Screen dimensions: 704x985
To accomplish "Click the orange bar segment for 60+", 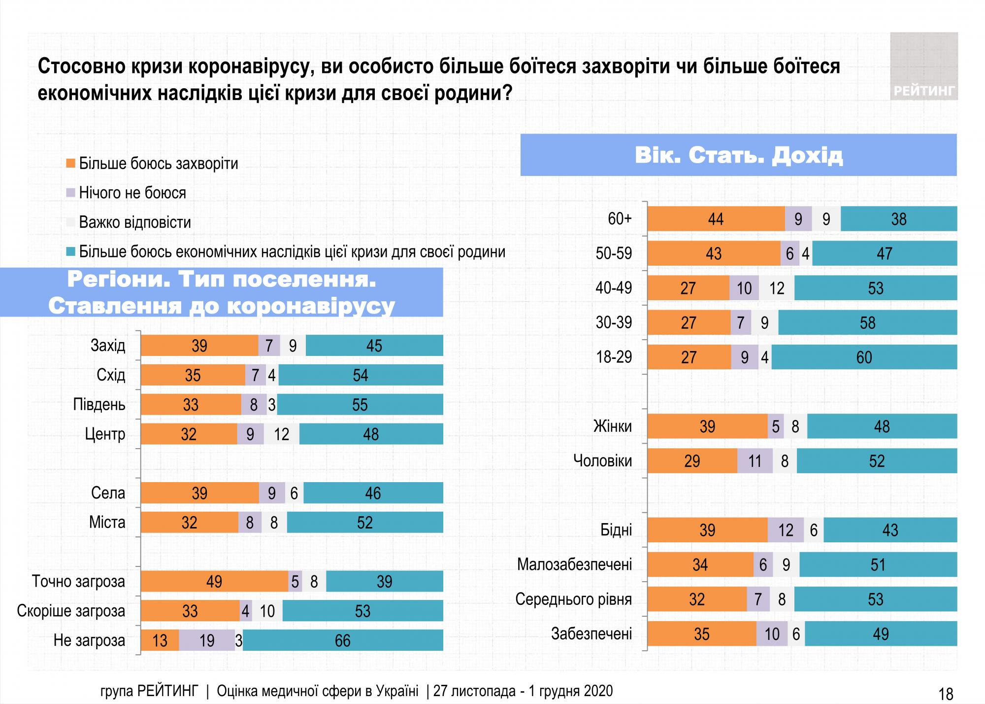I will click(716, 219).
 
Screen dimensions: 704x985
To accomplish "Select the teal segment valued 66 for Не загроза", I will click(343, 640).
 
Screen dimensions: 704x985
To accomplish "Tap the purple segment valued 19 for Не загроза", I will click(207, 640).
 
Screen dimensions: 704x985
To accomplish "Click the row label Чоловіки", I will click(602, 461).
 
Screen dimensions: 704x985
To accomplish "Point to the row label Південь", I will click(99, 405).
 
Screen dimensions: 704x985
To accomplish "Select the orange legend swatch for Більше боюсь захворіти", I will click(70, 163).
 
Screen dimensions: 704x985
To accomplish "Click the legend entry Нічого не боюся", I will click(132, 193).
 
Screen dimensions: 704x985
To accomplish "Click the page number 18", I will click(946, 694).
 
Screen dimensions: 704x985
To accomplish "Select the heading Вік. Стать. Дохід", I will click(738, 155).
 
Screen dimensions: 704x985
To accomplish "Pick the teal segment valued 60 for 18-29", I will click(864, 357).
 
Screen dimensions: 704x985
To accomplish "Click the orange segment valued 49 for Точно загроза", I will click(214, 582).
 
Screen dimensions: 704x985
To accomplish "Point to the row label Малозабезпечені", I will click(574, 564).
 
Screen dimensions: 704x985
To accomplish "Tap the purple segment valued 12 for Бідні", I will click(786, 530).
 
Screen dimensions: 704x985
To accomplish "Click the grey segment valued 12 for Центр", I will click(281, 434).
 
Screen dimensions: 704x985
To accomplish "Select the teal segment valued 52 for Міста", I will click(364, 523).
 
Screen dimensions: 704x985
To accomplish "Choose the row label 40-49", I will click(614, 288).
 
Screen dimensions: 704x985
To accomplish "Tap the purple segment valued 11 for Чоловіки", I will click(755, 461).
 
